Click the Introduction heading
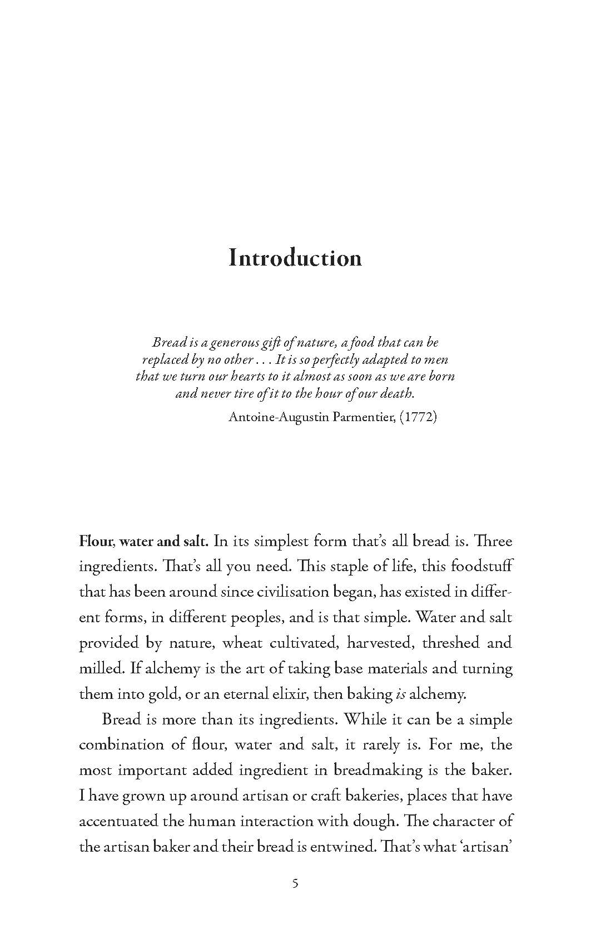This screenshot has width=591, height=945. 295,258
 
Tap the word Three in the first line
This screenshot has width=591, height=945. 495,541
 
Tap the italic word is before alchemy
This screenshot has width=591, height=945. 400,694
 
